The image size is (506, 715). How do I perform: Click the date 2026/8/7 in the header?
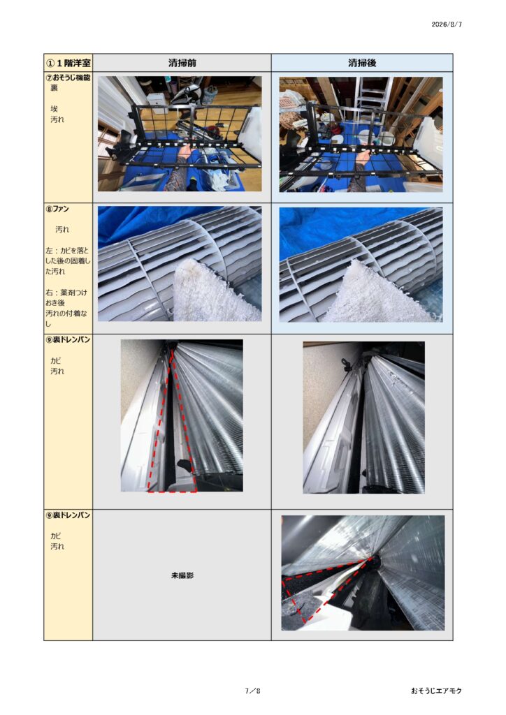447,24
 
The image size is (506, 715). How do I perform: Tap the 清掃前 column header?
182,63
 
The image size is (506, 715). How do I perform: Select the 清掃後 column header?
362,63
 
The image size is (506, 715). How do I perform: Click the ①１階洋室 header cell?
68,63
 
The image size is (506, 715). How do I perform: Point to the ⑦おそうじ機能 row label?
68,78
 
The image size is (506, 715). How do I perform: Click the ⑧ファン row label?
57,209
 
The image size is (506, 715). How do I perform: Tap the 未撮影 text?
182,575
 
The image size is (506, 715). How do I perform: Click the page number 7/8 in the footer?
252,691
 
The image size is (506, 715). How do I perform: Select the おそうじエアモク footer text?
436,691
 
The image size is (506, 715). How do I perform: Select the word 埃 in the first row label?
55,109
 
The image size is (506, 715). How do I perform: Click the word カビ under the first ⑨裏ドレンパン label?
56,361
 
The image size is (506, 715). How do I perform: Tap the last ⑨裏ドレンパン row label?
68,515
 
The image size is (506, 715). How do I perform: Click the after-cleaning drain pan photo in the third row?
363,418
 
